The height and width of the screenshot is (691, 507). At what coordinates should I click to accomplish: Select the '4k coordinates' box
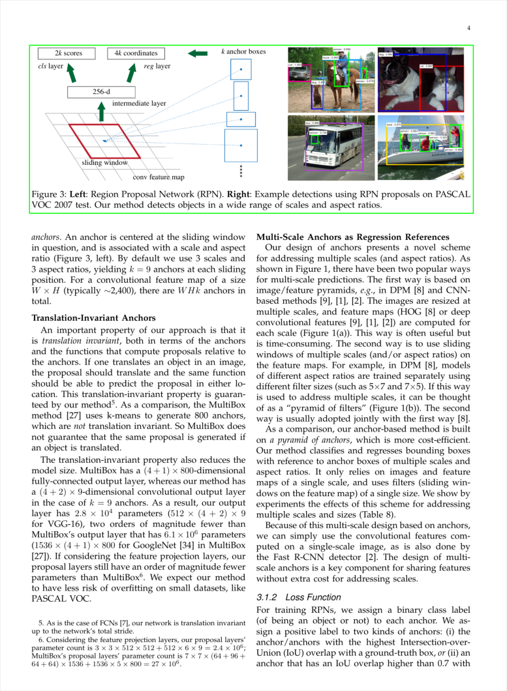click(x=136, y=53)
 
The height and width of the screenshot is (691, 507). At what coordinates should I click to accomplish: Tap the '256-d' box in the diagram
click(x=100, y=91)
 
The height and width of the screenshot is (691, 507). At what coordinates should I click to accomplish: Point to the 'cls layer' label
click(x=50, y=66)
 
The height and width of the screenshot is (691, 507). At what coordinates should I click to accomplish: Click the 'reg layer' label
click(x=157, y=66)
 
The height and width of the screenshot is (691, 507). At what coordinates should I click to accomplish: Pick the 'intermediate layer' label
click(x=139, y=103)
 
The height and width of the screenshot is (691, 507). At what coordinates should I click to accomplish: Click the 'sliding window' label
click(x=104, y=162)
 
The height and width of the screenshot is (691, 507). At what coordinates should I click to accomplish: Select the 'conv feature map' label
click(x=159, y=177)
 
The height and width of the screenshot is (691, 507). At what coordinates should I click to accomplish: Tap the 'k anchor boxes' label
click(x=243, y=51)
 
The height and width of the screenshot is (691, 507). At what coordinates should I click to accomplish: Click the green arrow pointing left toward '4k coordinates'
click(x=198, y=53)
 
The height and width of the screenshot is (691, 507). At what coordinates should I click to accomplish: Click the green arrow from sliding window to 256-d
click(x=101, y=112)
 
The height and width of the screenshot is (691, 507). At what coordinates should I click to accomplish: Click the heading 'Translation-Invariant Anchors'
click(x=93, y=318)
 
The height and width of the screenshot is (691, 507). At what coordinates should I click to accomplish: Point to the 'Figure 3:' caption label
click(x=50, y=194)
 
